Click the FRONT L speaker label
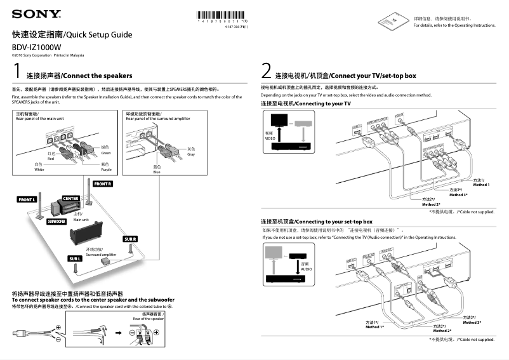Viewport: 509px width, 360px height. pyautogui.click(x=27, y=200)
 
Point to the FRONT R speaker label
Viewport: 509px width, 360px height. pyautogui.click(x=103, y=183)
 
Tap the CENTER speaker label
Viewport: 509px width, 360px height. pyautogui.click(x=70, y=198)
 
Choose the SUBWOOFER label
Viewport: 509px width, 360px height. pyautogui.click(x=56, y=222)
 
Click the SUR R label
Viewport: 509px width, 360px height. pyautogui.click(x=130, y=238)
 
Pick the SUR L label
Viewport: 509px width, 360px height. pyautogui.click(x=76, y=258)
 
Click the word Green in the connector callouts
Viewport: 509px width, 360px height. pyautogui.click(x=106, y=153)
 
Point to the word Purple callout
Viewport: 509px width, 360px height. pyautogui.click(x=106, y=170)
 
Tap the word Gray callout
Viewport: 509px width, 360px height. pyautogui.click(x=191, y=154)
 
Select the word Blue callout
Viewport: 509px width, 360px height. pyautogui.click(x=157, y=171)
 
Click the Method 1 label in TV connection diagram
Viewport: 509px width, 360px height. pyautogui.click(x=481, y=184)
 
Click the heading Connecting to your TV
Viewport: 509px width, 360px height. pyautogui.click(x=305, y=103)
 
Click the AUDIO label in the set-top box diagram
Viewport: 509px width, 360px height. pyautogui.click(x=307, y=269)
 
